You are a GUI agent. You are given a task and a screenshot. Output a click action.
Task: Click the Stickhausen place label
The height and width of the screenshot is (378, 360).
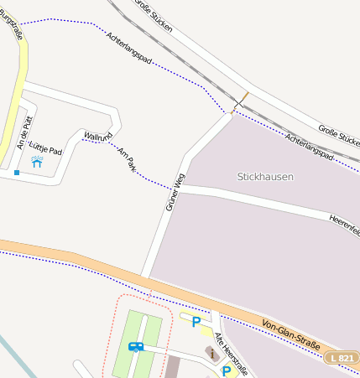[x=265, y=177]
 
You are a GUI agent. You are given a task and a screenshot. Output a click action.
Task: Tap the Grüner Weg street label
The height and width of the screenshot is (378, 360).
[x=175, y=191]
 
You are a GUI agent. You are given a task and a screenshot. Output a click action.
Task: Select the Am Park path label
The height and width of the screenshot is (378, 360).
[x=127, y=159]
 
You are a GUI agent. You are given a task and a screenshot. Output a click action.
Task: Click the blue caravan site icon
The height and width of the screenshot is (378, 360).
[x=136, y=346]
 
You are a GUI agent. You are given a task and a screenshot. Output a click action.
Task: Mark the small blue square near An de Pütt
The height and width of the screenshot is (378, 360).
[x=16, y=173]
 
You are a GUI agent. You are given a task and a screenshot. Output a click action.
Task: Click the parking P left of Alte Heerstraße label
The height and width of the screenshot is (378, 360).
[x=196, y=321]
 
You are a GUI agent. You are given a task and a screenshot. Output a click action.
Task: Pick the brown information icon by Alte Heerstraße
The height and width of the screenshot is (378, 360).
[x=210, y=353]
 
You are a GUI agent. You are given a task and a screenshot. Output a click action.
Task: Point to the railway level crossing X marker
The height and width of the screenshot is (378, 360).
[x=240, y=101]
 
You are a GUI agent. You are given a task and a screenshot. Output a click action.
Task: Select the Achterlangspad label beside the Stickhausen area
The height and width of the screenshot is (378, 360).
[x=310, y=147]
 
